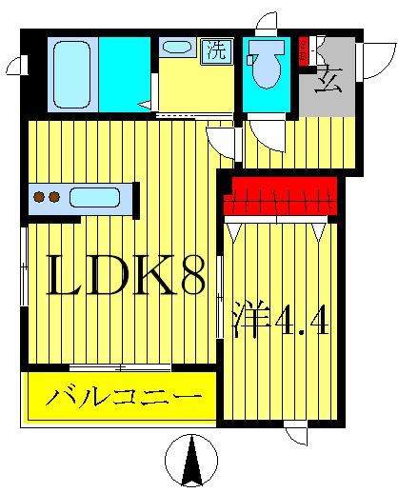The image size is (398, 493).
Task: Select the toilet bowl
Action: pos(266,63)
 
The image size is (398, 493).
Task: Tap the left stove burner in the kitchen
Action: pos(40,198)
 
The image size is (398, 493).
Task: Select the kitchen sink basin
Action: pos(94,198)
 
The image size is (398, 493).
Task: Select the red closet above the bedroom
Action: pos(281,196)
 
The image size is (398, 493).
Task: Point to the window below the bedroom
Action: pos(295,434)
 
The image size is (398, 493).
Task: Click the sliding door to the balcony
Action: pos(120,366)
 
